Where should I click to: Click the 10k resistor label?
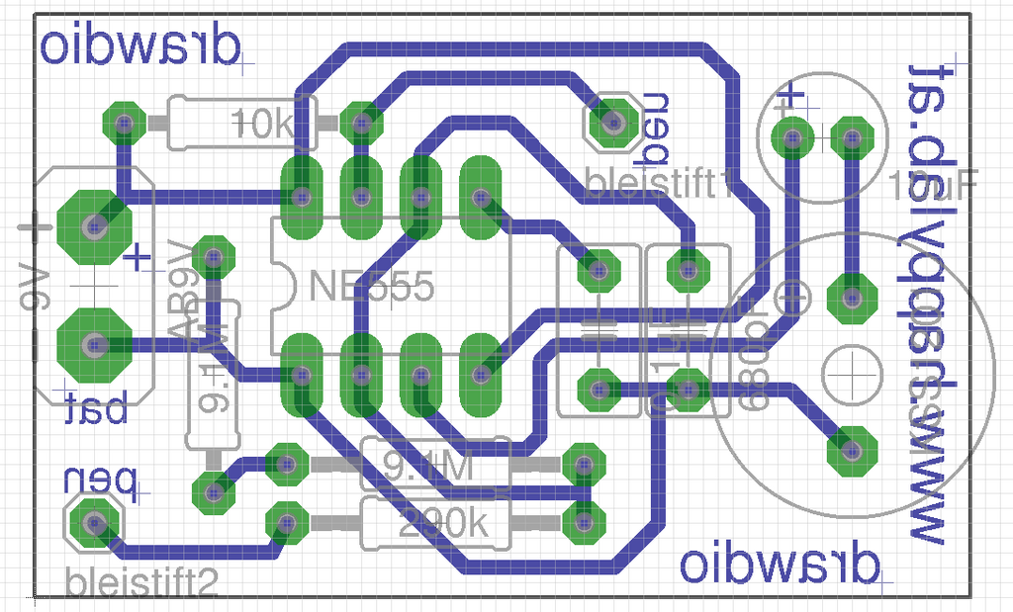coord(261,125)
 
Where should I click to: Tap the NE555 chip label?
coord(371,288)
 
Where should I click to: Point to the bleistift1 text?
coord(657,183)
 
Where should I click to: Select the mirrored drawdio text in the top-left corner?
coord(140,46)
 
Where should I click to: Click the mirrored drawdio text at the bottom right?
coord(780,565)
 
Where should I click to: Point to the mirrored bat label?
coord(97,408)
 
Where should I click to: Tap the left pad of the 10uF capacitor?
coord(792,138)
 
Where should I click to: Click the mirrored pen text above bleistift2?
coord(99,481)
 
